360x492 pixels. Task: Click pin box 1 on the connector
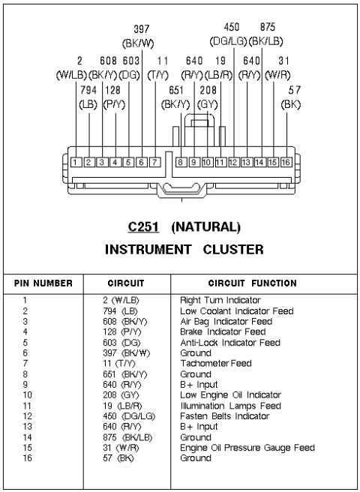point(76,162)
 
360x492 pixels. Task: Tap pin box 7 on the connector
point(154,162)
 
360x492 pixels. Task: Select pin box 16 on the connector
point(286,162)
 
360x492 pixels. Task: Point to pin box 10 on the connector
point(207,162)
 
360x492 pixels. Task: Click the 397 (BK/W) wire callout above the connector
point(138,36)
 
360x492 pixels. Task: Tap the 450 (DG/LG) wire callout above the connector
point(229,34)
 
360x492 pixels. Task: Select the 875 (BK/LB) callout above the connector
point(266,34)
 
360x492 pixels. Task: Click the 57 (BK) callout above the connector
point(291,97)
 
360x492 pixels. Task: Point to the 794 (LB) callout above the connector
point(88,97)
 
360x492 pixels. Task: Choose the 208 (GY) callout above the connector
point(208,97)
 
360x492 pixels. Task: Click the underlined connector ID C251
point(143,226)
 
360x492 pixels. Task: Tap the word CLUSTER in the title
point(233,250)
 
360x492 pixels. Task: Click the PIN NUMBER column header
point(43,283)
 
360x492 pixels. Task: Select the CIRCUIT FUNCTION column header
point(252,283)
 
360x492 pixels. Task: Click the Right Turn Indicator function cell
point(220,300)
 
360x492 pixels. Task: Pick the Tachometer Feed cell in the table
point(216,363)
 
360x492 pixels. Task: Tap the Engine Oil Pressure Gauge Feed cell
point(247,448)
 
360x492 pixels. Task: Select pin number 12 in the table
point(27,416)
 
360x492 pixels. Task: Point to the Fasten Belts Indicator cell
point(225,416)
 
